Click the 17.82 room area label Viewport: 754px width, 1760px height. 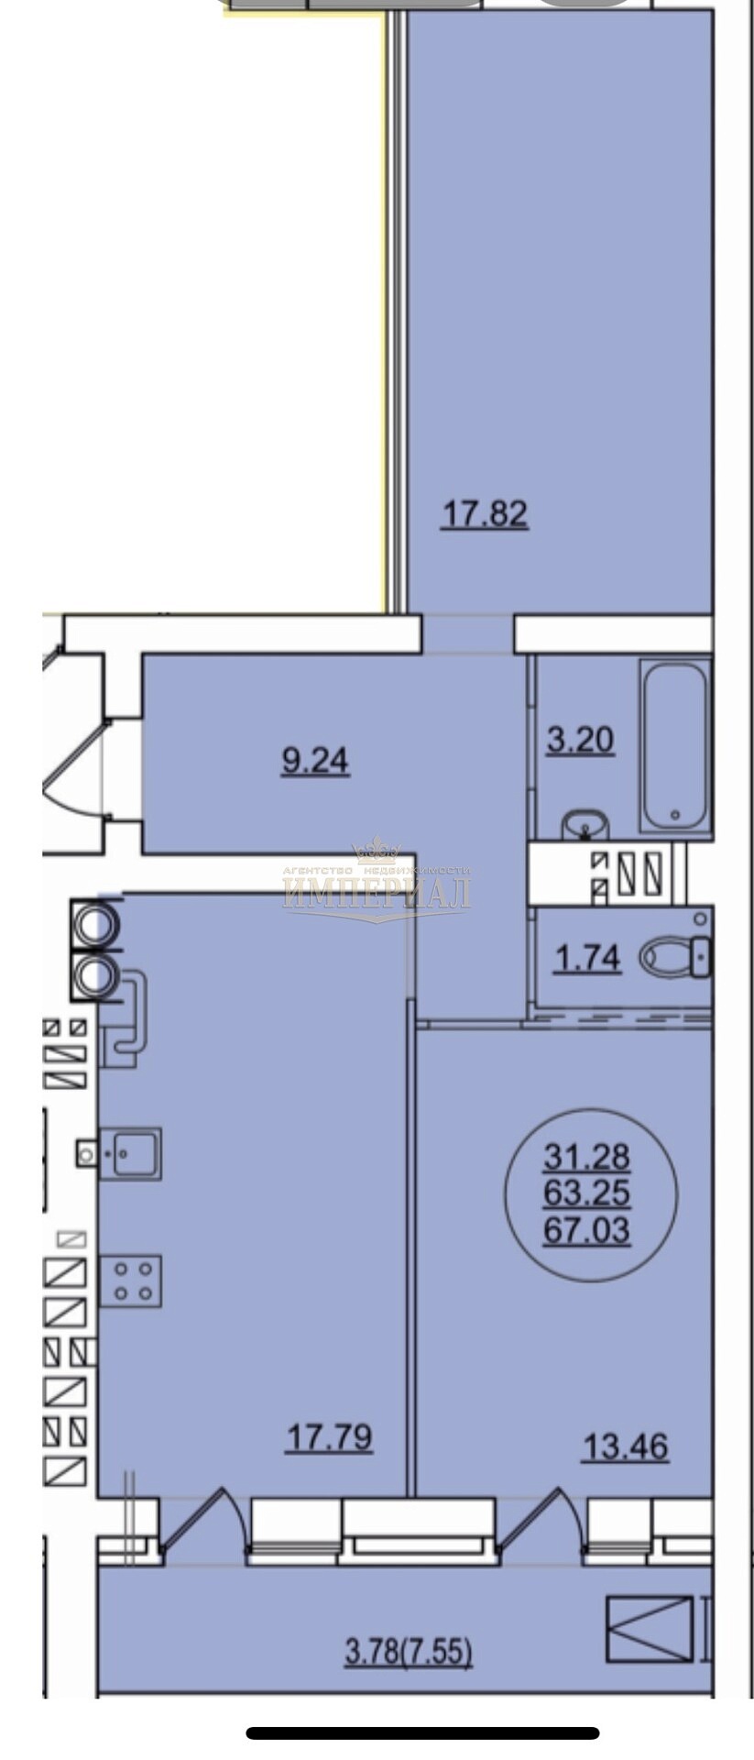[485, 513]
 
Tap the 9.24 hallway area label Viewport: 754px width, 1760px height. [315, 760]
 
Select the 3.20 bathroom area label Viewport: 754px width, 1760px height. [580, 739]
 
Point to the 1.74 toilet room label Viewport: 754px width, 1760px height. [589, 959]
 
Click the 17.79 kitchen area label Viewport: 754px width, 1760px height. [330, 1436]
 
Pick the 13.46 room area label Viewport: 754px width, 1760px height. [626, 1447]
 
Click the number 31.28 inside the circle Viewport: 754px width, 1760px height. [587, 1157]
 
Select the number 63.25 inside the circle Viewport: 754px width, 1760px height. [587, 1193]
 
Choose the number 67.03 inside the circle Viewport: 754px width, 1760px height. [587, 1229]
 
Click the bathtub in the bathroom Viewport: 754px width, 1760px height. [674, 746]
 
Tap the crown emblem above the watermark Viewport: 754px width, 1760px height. [377, 852]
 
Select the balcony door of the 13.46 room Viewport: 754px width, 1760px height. [541, 1523]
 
